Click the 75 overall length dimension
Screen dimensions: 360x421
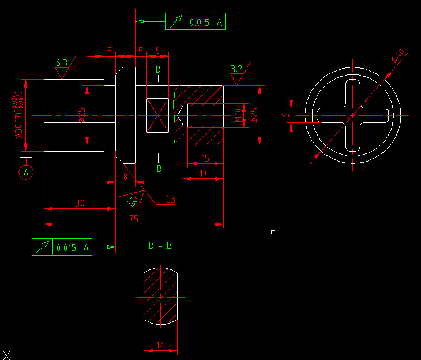[134, 219]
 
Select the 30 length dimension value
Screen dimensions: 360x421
[80, 203]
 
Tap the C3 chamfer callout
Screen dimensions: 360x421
[171, 200]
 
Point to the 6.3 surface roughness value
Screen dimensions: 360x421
[62, 63]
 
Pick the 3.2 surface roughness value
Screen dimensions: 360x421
[236, 69]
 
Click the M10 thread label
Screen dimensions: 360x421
[239, 115]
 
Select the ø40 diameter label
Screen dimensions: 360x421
[399, 56]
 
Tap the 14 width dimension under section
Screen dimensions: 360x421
[160, 346]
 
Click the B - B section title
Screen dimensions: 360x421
[160, 246]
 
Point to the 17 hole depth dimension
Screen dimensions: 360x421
[203, 173]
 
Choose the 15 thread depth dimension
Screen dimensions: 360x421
[205, 158]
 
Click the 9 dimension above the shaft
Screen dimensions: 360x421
[158, 51]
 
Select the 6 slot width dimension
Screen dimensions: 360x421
[285, 115]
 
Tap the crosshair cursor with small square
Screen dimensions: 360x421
[273, 232]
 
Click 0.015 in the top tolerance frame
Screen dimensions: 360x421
[199, 22]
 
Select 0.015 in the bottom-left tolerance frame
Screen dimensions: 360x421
[66, 247]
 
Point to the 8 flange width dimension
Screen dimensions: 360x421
[125, 177]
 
